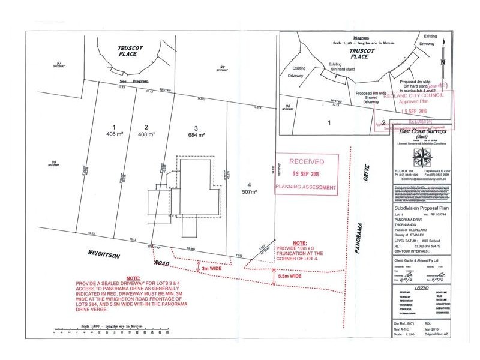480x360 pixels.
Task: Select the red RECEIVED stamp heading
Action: tap(307, 162)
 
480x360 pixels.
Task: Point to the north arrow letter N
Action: tap(441, 62)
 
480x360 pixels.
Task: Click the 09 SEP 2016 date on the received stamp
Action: tap(307, 174)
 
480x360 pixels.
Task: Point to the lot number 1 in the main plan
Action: tap(113, 127)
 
